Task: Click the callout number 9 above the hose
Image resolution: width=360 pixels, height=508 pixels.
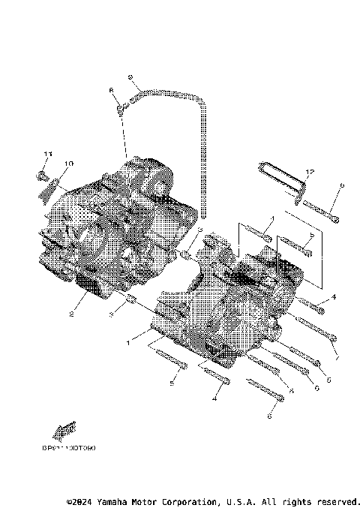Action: [x=130, y=77]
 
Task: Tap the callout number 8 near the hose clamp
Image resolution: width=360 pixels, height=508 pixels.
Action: [x=112, y=90]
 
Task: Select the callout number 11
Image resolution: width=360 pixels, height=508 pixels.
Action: [x=46, y=154]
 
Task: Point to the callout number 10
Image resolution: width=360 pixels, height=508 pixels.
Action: [x=68, y=163]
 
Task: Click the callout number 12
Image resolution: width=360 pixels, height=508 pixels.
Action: [x=311, y=172]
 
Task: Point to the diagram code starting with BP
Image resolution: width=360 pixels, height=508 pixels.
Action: [x=68, y=447]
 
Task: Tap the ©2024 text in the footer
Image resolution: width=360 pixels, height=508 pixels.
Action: [x=79, y=500]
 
